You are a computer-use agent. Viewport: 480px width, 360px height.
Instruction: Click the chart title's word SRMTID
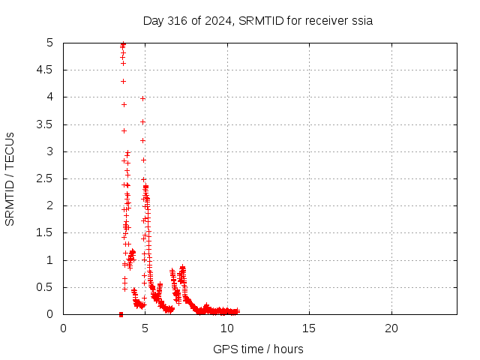point(261,21)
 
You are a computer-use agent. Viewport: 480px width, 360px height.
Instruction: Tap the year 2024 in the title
point(218,21)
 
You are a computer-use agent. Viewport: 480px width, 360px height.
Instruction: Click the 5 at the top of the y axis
point(50,43)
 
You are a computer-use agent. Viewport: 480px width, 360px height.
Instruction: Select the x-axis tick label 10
point(227,328)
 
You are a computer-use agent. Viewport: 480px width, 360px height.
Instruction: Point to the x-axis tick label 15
point(309,328)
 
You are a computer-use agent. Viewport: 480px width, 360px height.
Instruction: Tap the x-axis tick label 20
point(391,328)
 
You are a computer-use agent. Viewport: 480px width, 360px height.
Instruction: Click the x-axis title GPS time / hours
point(258,349)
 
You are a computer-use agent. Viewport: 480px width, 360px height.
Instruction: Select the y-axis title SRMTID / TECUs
point(10,179)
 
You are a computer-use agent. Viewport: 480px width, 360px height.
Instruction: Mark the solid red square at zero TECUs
point(121,314)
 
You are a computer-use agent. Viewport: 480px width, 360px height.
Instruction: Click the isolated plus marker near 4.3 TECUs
point(123,82)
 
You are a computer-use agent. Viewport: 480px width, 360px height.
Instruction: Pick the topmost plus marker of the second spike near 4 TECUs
point(142,98)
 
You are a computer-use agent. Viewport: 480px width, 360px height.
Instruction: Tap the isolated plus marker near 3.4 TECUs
point(124,131)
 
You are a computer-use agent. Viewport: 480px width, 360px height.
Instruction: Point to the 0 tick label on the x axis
point(63,328)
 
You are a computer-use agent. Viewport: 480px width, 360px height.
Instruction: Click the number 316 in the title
point(178,21)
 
